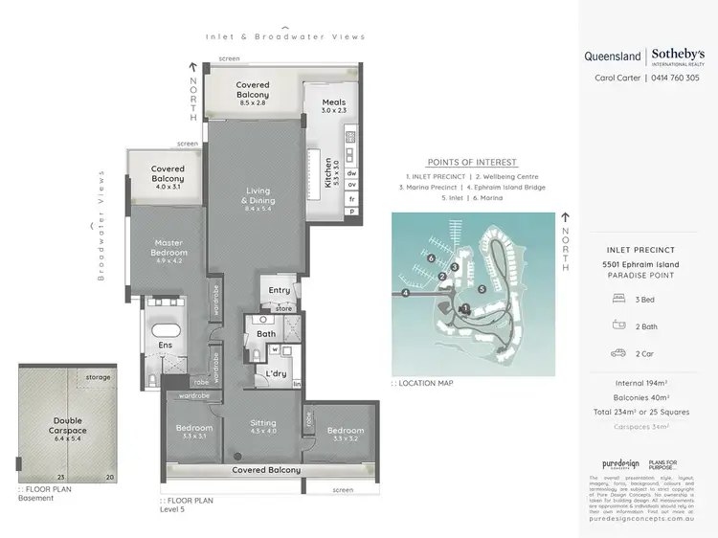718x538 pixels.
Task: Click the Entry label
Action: [x=280, y=290]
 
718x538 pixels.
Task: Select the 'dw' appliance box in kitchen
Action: [x=351, y=173]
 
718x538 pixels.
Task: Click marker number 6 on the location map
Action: [x=432, y=258]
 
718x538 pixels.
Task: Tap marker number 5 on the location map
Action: [x=482, y=288]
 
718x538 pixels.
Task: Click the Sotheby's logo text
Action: [x=682, y=56]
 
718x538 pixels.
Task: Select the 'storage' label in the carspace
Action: [x=97, y=378]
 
